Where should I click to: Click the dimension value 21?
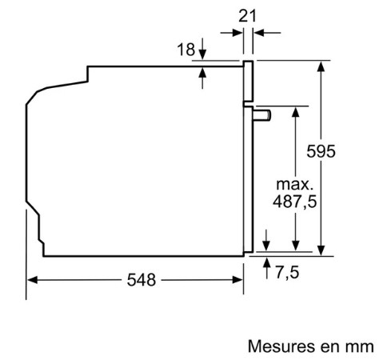[247, 16]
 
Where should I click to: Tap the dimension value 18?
[186, 50]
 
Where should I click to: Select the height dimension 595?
[321, 151]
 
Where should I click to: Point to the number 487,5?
[295, 202]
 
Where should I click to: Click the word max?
[294, 184]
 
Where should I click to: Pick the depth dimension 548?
[142, 280]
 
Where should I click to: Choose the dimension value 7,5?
[287, 273]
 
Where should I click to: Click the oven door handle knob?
[262, 115]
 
